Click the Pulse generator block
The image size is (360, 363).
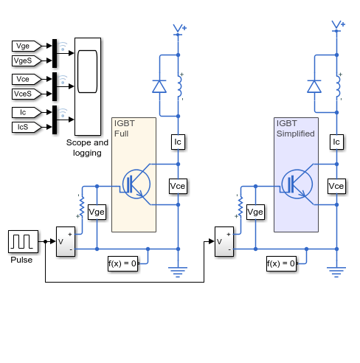click(23, 241)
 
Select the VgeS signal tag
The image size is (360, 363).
click(27, 60)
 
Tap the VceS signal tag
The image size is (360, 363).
click(27, 94)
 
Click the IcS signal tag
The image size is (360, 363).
click(27, 127)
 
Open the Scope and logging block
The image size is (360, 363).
click(88, 86)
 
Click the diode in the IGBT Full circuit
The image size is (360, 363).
click(159, 86)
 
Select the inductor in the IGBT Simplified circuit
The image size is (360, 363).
click(339, 86)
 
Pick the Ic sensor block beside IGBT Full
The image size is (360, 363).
click(178, 142)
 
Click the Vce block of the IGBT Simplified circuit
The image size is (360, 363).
click(336, 186)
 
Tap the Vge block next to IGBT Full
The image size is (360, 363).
click(97, 212)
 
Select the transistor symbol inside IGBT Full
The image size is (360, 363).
click(136, 184)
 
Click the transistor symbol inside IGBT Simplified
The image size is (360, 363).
click(297, 184)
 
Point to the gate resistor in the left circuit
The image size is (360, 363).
click(81, 206)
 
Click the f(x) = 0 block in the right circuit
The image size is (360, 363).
click(281, 264)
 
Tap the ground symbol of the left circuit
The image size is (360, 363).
click(178, 272)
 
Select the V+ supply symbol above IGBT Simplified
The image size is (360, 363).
click(338, 26)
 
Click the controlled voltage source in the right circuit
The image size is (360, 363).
click(224, 241)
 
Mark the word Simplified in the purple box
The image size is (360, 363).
click(296, 134)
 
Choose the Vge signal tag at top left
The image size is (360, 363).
click(27, 46)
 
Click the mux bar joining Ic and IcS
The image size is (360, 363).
click(55, 120)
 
